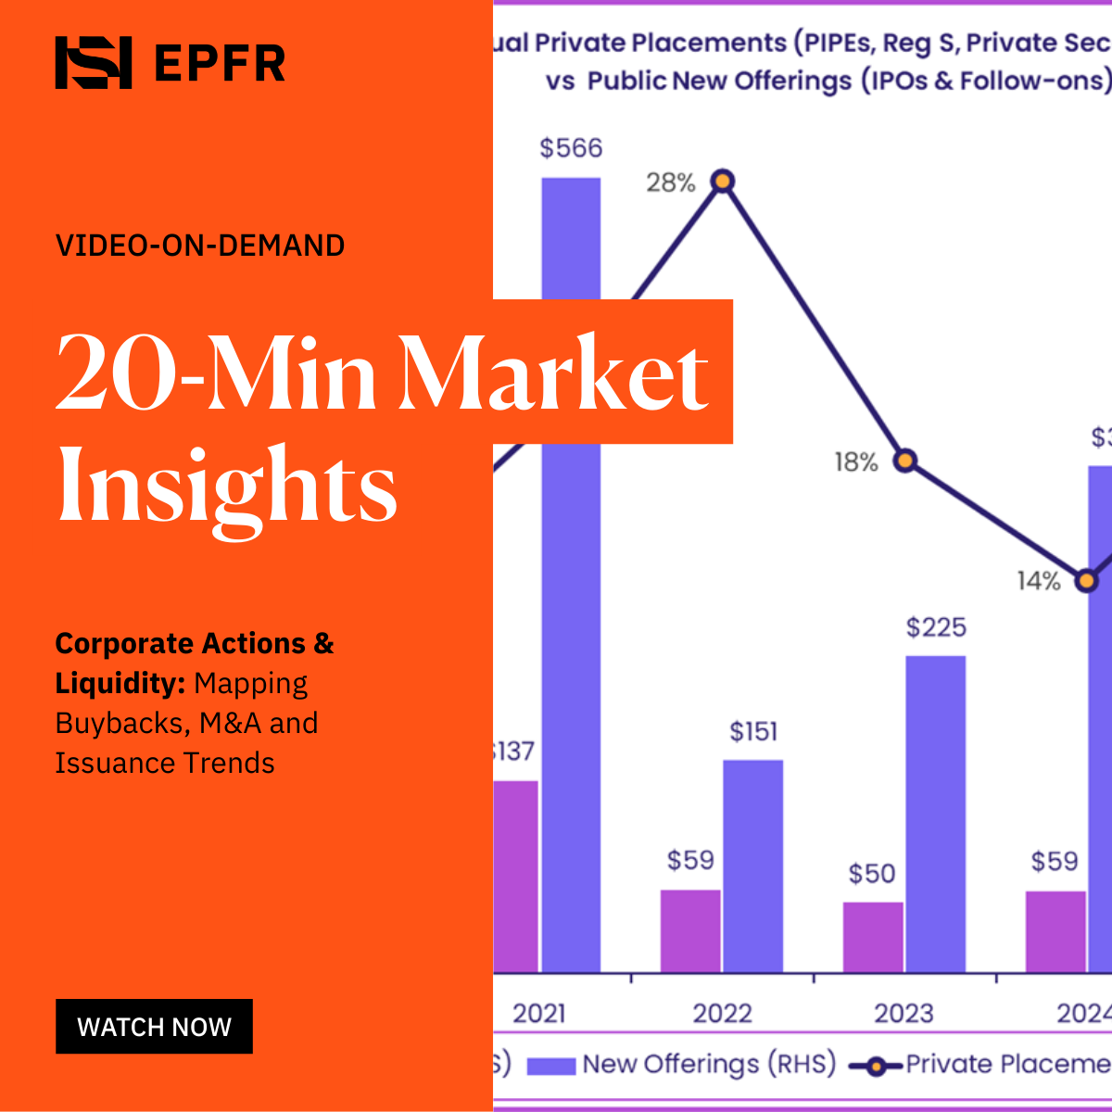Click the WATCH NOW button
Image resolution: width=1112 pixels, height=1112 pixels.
(154, 1026)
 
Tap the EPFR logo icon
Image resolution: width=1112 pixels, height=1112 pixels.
(93, 63)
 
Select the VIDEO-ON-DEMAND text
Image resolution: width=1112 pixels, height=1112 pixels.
(200, 246)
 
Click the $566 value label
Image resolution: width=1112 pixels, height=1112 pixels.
(571, 148)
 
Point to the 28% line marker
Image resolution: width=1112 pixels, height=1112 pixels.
(723, 182)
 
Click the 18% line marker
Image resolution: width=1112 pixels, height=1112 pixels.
(905, 461)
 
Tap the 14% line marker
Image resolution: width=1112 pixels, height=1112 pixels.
(1086, 581)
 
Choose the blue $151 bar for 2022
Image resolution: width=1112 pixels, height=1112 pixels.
(752, 866)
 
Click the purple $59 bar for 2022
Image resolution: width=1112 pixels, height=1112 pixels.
(690, 930)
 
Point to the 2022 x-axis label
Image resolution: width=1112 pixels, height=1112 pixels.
(722, 1013)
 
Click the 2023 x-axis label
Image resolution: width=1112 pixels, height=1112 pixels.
(903, 1013)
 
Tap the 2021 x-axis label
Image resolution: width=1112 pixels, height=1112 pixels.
(539, 1013)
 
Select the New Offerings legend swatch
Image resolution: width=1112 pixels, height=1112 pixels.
(551, 1066)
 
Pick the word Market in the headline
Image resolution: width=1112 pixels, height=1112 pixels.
(556, 374)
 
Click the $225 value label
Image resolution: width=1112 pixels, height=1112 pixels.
(936, 627)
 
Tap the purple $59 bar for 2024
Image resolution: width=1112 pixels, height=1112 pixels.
(1055, 931)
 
